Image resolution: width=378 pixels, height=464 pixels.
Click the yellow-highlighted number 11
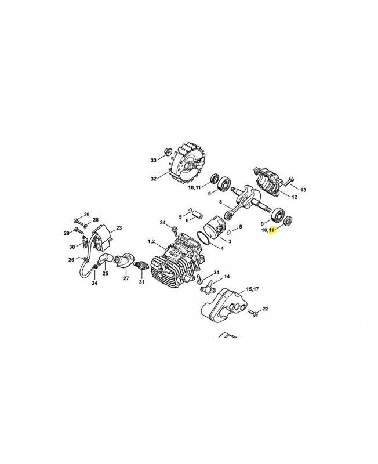coord(272,229)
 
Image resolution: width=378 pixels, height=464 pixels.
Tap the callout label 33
coord(153,160)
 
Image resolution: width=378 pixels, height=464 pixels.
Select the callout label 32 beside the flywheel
coord(154,179)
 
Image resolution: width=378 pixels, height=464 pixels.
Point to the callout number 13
coord(303,190)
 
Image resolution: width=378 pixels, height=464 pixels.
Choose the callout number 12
coord(295,197)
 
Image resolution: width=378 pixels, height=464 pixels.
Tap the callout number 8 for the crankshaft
coord(220,202)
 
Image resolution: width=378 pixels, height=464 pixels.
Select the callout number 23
coord(119,228)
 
